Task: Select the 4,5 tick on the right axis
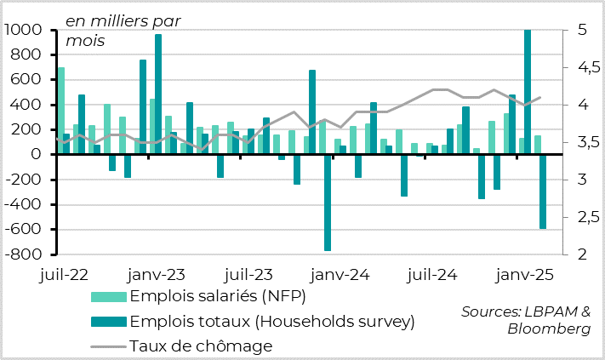coord(581,68)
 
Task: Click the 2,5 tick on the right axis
coord(581,217)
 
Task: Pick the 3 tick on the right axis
coord(574,180)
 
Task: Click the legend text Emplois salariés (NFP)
coord(217,296)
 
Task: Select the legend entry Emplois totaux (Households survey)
coord(271,321)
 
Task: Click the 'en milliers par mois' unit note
coord(123,30)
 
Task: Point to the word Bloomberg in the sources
coord(549,329)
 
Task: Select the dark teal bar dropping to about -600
coord(542,191)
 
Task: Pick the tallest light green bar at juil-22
coord(61,111)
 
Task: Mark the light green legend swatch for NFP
coord(109,296)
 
